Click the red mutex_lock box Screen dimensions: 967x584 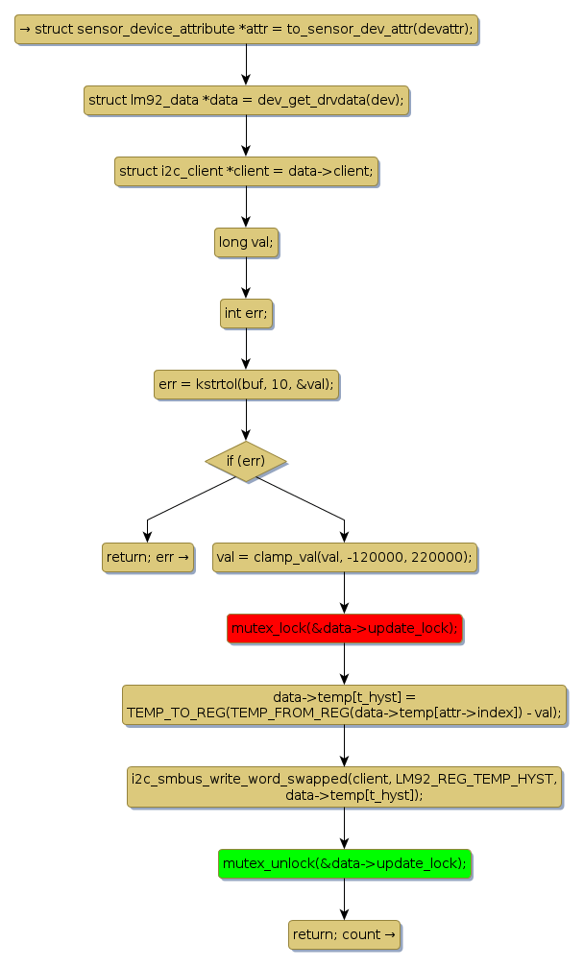(x=344, y=629)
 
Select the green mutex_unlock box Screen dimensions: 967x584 (x=344, y=864)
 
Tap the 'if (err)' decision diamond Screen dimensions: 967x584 (x=246, y=461)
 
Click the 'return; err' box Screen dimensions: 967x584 (x=147, y=557)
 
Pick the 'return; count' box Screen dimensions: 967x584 (x=344, y=934)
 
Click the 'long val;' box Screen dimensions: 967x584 (x=246, y=242)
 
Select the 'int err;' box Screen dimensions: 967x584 (x=246, y=313)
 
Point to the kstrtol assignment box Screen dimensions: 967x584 (x=246, y=384)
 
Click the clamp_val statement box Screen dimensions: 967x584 (x=344, y=557)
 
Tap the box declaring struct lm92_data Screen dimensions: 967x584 (x=246, y=100)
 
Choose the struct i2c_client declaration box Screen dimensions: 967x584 (x=246, y=171)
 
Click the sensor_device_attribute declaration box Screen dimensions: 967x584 (x=246, y=30)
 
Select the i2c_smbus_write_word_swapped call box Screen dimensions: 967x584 (x=344, y=786)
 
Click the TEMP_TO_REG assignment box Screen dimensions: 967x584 (x=344, y=705)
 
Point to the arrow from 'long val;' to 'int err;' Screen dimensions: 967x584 (x=246, y=278)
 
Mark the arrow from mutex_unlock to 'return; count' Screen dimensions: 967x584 (x=344, y=900)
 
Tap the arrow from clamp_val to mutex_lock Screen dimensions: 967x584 (x=344, y=593)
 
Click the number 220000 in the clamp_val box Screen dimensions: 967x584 (x=439, y=558)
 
